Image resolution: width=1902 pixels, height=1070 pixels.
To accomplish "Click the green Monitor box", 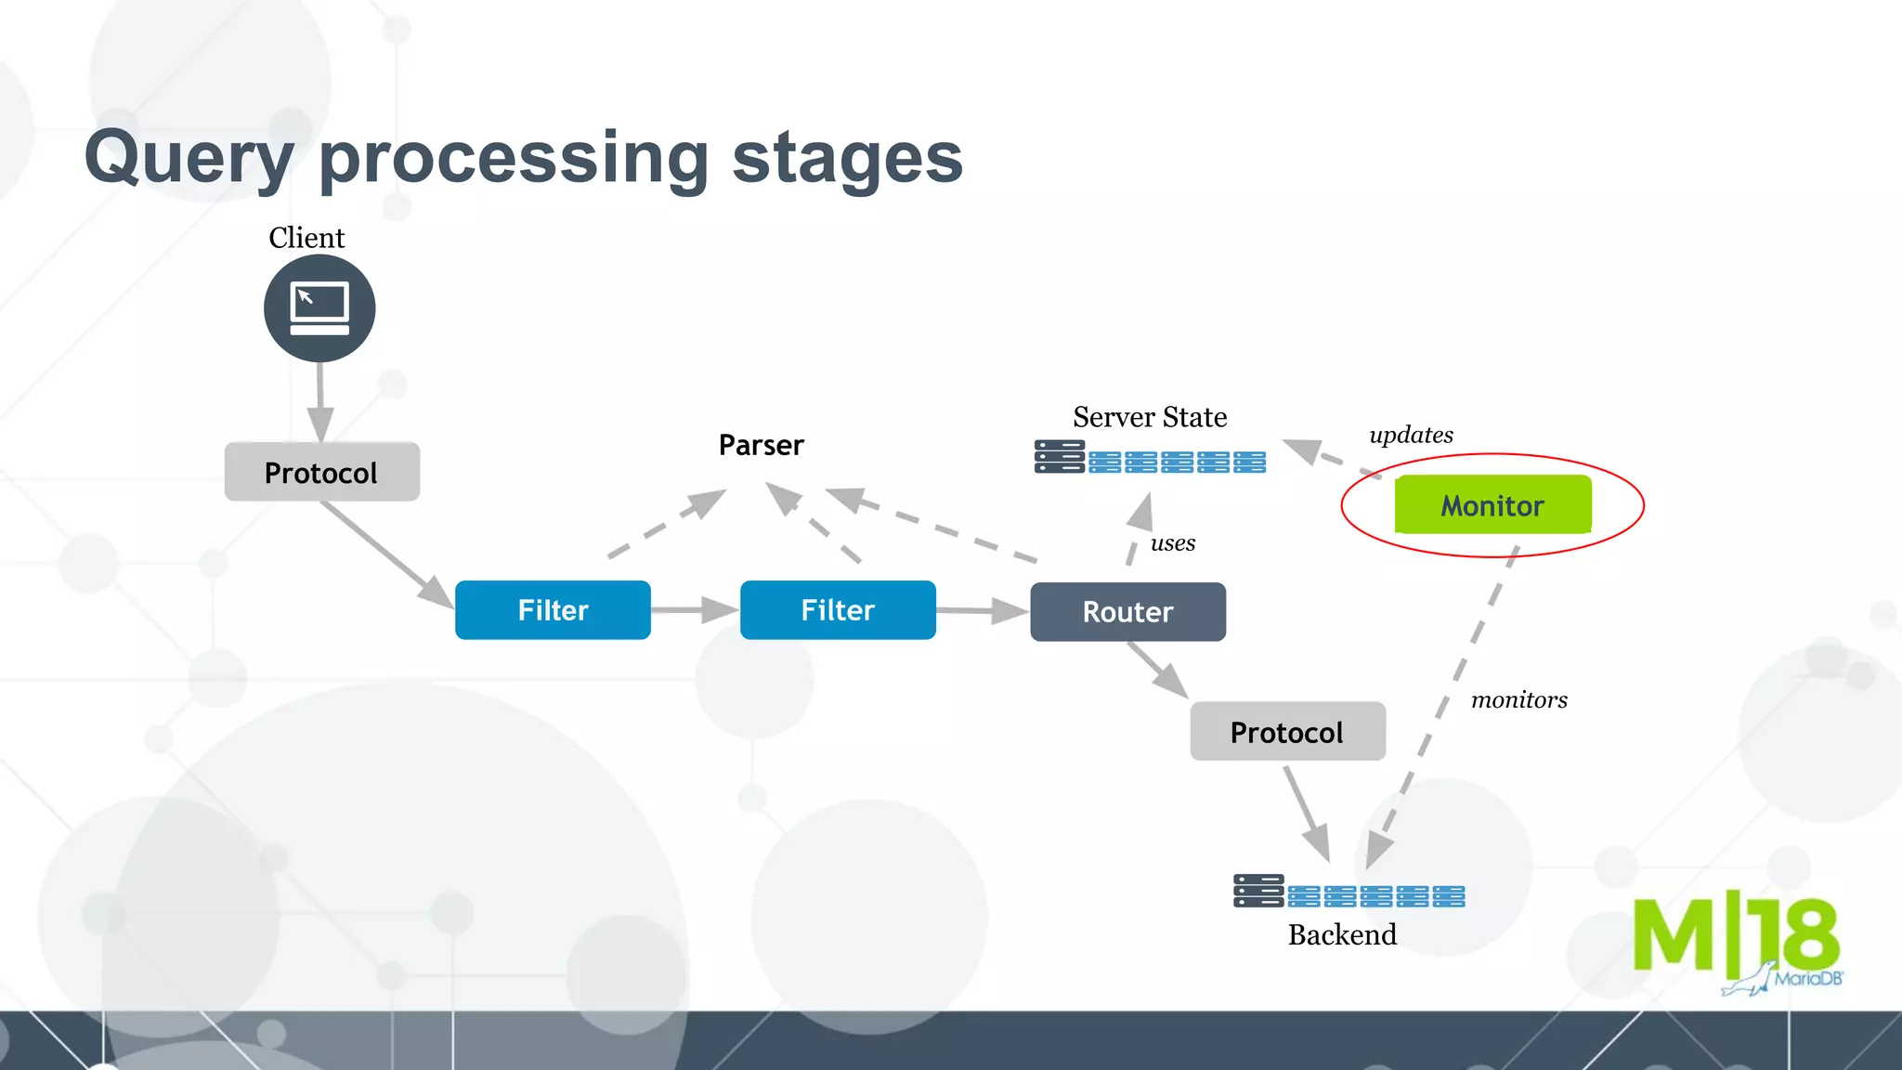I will [x=1492, y=505].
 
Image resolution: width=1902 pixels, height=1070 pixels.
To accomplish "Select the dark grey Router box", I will [x=1127, y=611].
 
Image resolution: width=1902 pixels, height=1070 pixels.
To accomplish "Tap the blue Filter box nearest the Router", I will [x=838, y=609].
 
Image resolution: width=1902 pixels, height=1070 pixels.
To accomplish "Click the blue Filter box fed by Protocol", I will [x=553, y=609].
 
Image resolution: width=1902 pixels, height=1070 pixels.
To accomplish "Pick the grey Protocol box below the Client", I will [x=321, y=472].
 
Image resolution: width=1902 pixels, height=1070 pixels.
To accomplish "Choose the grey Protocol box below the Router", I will [x=1287, y=732].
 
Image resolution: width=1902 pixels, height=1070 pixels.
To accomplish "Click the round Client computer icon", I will [x=319, y=308].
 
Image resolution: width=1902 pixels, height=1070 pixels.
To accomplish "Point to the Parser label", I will [x=761, y=445].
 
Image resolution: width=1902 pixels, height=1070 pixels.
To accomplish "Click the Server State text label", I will [x=1150, y=417].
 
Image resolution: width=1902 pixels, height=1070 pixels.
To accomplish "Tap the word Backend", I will [x=1342, y=934].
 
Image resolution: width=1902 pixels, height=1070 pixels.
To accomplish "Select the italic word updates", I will [x=1411, y=435].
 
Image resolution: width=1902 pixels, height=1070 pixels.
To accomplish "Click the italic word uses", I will [x=1173, y=543].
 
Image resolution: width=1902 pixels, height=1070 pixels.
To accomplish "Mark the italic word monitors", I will [x=1519, y=699].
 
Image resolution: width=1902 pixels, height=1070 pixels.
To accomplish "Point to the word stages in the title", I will [x=847, y=158].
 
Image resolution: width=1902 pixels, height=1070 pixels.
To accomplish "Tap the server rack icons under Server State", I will [x=1150, y=458].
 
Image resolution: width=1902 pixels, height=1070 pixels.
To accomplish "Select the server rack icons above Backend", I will [x=1348, y=892].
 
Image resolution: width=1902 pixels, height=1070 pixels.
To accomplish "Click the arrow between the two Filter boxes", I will [x=695, y=610].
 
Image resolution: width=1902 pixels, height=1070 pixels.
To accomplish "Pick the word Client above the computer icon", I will [x=306, y=238].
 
